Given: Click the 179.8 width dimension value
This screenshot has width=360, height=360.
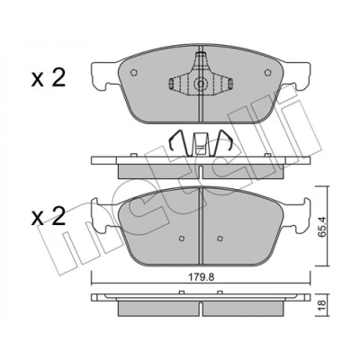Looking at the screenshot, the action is [202, 277].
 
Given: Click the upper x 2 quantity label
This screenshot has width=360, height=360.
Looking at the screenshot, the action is [48, 79].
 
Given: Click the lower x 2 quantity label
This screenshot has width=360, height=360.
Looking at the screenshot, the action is [48, 217].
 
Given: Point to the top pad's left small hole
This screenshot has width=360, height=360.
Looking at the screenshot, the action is [134, 73].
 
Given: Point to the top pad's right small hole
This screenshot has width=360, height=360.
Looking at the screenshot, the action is [267, 73].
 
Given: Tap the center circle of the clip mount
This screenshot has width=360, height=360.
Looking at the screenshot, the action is [201, 84].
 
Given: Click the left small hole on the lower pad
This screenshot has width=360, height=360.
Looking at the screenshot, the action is [181, 238].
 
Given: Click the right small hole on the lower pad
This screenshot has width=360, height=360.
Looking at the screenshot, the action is [220, 238].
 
